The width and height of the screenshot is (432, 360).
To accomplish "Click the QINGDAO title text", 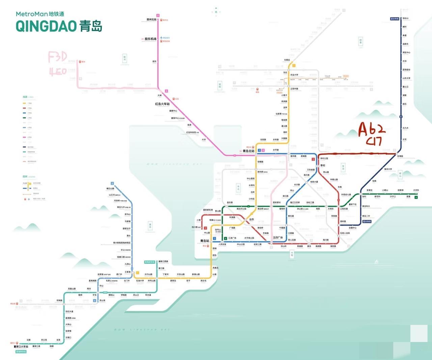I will pos(46,26).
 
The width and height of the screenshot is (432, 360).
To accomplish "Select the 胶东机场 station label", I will pos(151,39).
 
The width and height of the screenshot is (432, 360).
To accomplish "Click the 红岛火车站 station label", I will pos(162,104).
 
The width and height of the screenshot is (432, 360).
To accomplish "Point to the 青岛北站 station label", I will pos(248,151).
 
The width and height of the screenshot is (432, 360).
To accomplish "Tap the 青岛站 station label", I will pos(205,241).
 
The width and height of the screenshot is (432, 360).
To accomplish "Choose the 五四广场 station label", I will pos(278,238).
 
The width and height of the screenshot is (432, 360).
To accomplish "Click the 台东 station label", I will pos(251,220).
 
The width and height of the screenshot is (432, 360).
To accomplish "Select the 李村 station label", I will pos(323,165).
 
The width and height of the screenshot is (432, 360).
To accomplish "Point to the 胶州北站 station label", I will pos(152,20).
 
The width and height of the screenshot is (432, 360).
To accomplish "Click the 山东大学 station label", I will pos(406,78).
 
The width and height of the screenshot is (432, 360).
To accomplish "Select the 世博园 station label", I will pos(400,156).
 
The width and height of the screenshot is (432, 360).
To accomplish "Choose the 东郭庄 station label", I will pos(287,60).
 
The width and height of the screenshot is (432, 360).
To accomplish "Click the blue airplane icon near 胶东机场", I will pos(161,37).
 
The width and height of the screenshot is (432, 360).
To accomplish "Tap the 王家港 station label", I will pos(128,272).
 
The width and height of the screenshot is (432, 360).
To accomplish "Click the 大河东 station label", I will pos(416,190).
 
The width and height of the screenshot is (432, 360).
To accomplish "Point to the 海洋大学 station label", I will pos(388,169).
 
